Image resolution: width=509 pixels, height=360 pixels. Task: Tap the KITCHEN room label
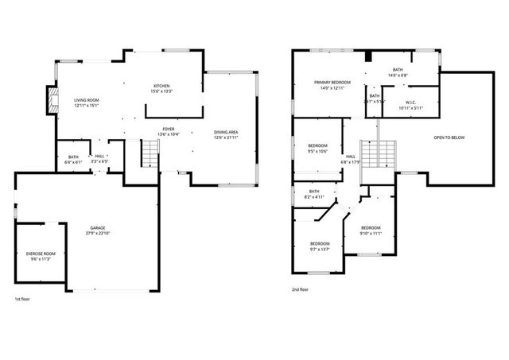[161, 86]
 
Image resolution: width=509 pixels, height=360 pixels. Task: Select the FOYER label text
[169, 129]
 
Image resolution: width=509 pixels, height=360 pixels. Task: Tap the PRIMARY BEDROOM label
[332, 82]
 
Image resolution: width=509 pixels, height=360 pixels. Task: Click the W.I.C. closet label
[410, 102]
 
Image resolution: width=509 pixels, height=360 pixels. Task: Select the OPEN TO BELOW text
[449, 137]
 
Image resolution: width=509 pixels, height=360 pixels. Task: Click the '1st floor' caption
[22, 299]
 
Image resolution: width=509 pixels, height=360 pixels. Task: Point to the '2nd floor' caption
[300, 289]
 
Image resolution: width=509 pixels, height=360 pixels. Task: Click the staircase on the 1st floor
[150, 153]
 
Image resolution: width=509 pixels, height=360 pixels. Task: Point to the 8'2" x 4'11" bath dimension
[314, 195]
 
